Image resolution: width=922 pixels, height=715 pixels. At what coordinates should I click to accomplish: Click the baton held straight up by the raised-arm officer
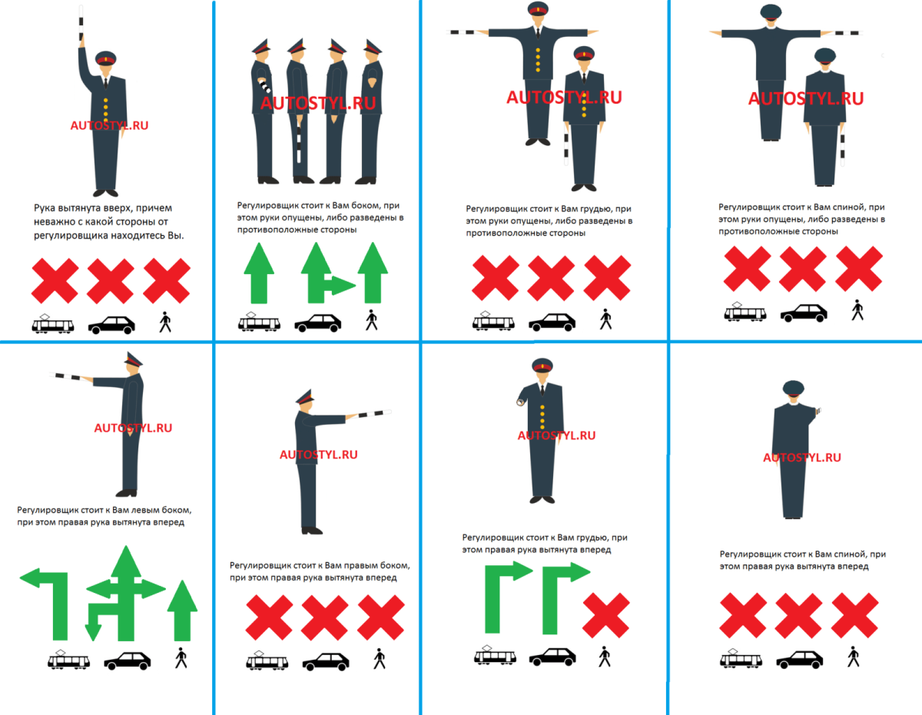click(x=81, y=22)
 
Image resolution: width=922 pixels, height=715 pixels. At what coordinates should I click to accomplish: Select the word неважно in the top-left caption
click(x=51, y=222)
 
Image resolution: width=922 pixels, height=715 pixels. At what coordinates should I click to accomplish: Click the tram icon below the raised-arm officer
click(x=53, y=324)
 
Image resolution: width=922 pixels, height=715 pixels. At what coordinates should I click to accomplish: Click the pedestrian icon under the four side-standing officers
click(x=372, y=319)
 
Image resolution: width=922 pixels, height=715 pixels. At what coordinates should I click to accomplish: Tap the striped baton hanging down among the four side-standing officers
click(x=299, y=144)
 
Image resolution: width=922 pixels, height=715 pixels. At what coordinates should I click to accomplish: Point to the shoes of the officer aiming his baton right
click(x=312, y=531)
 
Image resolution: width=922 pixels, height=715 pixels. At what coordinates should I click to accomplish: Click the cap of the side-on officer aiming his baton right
click(x=305, y=396)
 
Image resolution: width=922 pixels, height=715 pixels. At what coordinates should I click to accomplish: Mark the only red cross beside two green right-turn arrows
click(x=606, y=615)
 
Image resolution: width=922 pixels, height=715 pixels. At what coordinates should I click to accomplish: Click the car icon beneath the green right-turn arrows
click(x=552, y=657)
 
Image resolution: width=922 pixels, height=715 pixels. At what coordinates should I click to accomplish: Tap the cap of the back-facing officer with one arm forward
click(x=793, y=388)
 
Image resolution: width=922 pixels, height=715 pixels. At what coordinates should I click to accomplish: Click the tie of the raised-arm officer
click(x=106, y=83)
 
